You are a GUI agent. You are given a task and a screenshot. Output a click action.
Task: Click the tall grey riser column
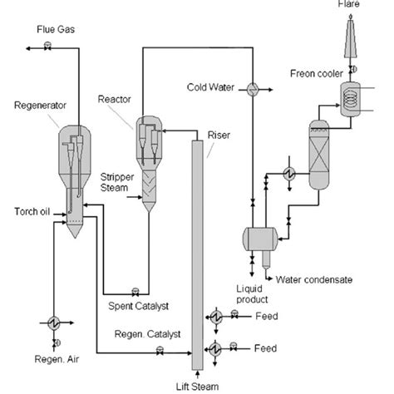click(197, 249)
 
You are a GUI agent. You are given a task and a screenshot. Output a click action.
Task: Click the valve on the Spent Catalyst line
click(135, 291)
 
